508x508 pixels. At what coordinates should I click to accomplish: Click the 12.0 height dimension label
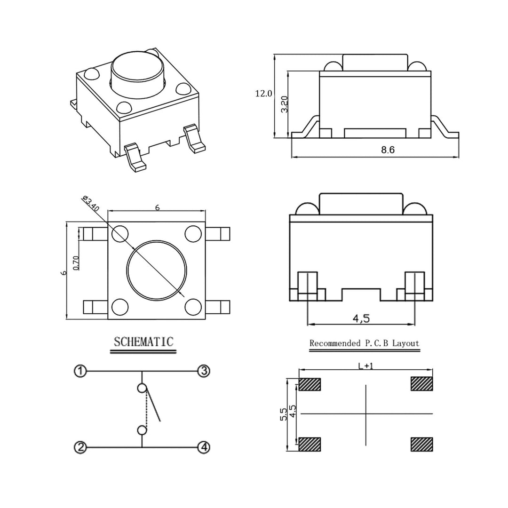tap(263, 94)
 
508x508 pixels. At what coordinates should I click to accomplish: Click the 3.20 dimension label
tap(284, 104)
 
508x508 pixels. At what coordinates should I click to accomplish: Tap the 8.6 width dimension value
tap(388, 150)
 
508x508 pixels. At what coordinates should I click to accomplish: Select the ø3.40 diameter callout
tap(90, 206)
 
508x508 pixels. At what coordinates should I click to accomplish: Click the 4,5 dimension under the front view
tap(361, 318)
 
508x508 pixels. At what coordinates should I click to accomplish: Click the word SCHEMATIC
tap(144, 342)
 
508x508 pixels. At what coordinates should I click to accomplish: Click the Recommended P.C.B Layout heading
tap(364, 343)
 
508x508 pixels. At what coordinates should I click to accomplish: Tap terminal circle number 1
tap(80, 371)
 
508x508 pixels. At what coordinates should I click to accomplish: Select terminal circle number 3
tap(203, 371)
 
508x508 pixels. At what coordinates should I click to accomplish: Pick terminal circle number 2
tap(80, 447)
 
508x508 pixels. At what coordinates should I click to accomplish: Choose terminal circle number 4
tap(203, 447)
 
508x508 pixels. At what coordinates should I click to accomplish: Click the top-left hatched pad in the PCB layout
tap(310, 384)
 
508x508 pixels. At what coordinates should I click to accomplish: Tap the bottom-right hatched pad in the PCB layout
tap(421, 444)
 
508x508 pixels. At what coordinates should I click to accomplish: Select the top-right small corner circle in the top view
tap(193, 233)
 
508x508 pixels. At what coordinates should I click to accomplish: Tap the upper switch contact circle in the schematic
tap(142, 389)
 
